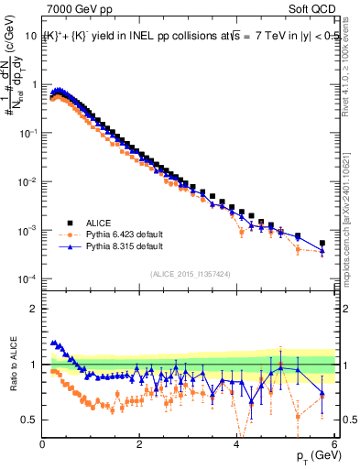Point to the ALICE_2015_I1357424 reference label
pos(190,274)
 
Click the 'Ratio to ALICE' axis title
pos(12,365)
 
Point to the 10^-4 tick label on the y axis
pos(26,278)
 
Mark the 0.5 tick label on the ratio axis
pos(28,420)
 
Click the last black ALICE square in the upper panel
pos(322,244)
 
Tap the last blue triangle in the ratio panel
pos(322,392)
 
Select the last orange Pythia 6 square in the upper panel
pos(322,253)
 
